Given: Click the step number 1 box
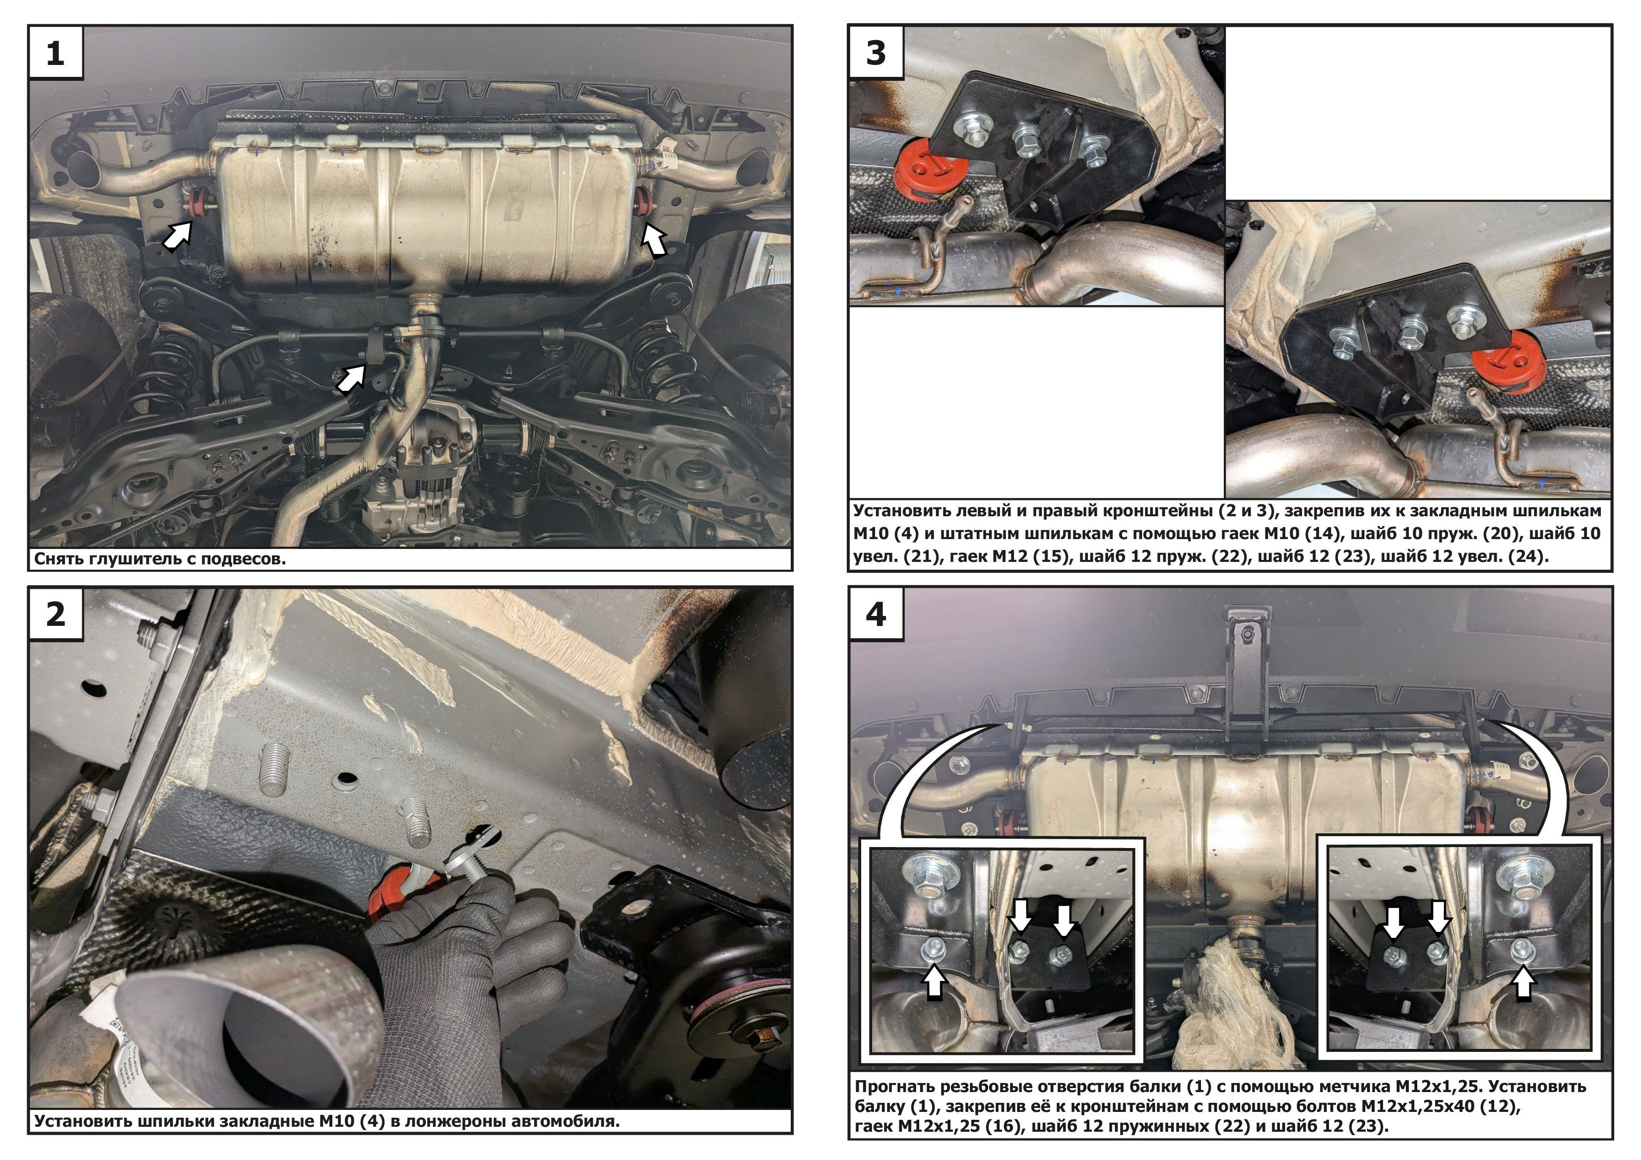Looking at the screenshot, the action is tap(56, 52).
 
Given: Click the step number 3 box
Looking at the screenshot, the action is tap(876, 52).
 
